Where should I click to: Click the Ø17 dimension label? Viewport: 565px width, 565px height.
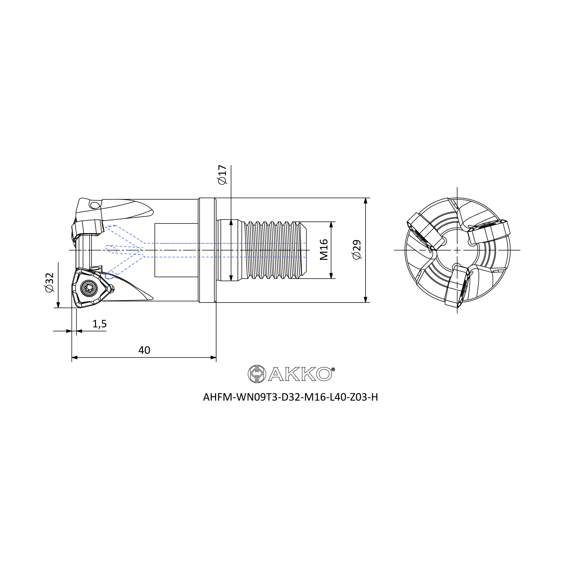click(222, 175)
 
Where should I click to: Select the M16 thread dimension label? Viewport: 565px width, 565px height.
click(323, 249)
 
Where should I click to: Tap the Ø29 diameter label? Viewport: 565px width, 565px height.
click(357, 249)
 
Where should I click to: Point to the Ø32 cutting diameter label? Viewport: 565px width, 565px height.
click(49, 282)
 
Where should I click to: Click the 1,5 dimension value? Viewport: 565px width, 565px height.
click(99, 324)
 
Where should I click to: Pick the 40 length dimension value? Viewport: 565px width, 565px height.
click(144, 350)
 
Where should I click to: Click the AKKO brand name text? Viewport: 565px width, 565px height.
click(300, 374)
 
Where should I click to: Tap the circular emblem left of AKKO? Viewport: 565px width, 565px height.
click(257, 374)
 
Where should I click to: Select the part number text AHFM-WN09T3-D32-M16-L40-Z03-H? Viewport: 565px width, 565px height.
click(290, 397)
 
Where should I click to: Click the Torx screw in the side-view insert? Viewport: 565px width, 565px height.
click(89, 288)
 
